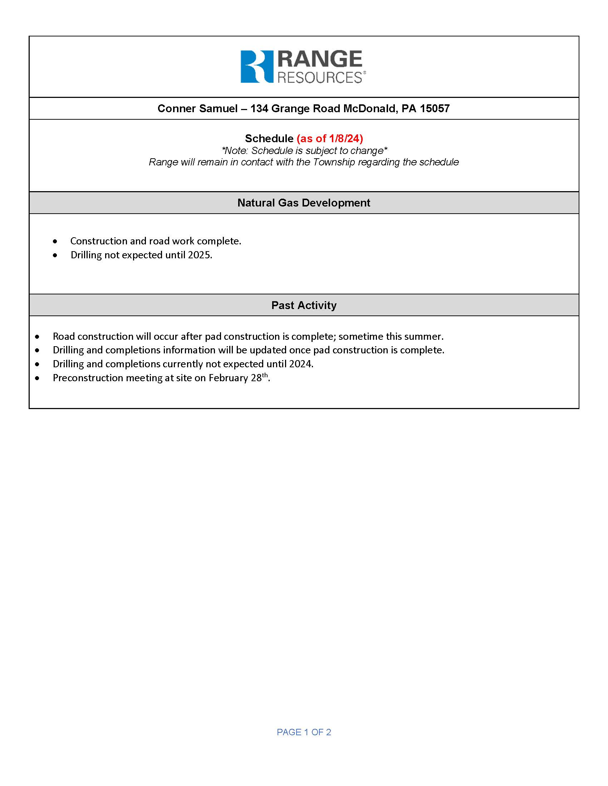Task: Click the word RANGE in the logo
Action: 319,59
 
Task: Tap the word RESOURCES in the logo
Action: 319,78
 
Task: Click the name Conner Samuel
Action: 197,109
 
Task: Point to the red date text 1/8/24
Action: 344,139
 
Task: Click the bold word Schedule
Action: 269,139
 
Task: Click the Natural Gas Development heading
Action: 304,203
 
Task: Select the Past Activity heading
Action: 304,305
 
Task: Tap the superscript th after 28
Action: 265,375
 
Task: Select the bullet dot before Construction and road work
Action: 55,242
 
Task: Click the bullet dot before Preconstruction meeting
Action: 37,378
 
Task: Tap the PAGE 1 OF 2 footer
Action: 304,732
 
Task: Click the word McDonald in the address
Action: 369,109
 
